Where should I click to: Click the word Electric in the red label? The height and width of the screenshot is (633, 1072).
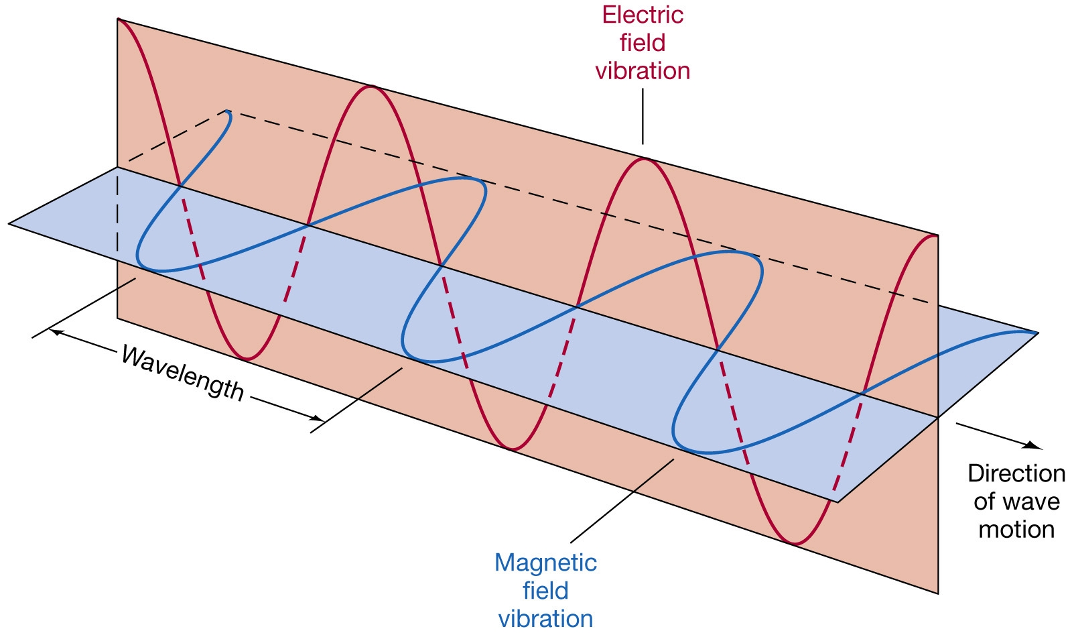pos(643,15)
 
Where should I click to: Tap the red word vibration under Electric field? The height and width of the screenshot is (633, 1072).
pos(643,71)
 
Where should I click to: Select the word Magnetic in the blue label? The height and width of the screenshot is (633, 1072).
pos(545,563)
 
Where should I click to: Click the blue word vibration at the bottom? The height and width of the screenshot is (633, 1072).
pos(545,619)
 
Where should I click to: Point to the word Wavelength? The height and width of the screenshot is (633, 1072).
pos(183,373)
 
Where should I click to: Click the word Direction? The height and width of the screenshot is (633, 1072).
pos(1016,473)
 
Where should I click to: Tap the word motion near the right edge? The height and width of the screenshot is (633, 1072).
pos(1016,530)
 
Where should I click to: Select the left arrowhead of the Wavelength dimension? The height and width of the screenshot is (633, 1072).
pos(56,332)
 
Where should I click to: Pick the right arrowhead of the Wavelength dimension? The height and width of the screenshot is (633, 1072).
pos(318,418)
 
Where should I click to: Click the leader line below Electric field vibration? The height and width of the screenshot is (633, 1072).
pos(643,117)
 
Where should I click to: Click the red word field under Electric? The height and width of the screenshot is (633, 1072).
pos(643,43)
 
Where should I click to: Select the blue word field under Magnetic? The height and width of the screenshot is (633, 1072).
pos(545,590)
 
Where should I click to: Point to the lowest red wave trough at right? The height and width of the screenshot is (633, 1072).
pos(795,544)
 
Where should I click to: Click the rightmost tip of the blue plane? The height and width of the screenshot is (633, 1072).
pos(1038,333)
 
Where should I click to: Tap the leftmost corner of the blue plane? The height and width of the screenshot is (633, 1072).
pos(9,223)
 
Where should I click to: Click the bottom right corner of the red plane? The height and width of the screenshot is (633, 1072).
pos(937,593)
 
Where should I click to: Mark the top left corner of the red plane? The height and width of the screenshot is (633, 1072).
pos(118,19)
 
